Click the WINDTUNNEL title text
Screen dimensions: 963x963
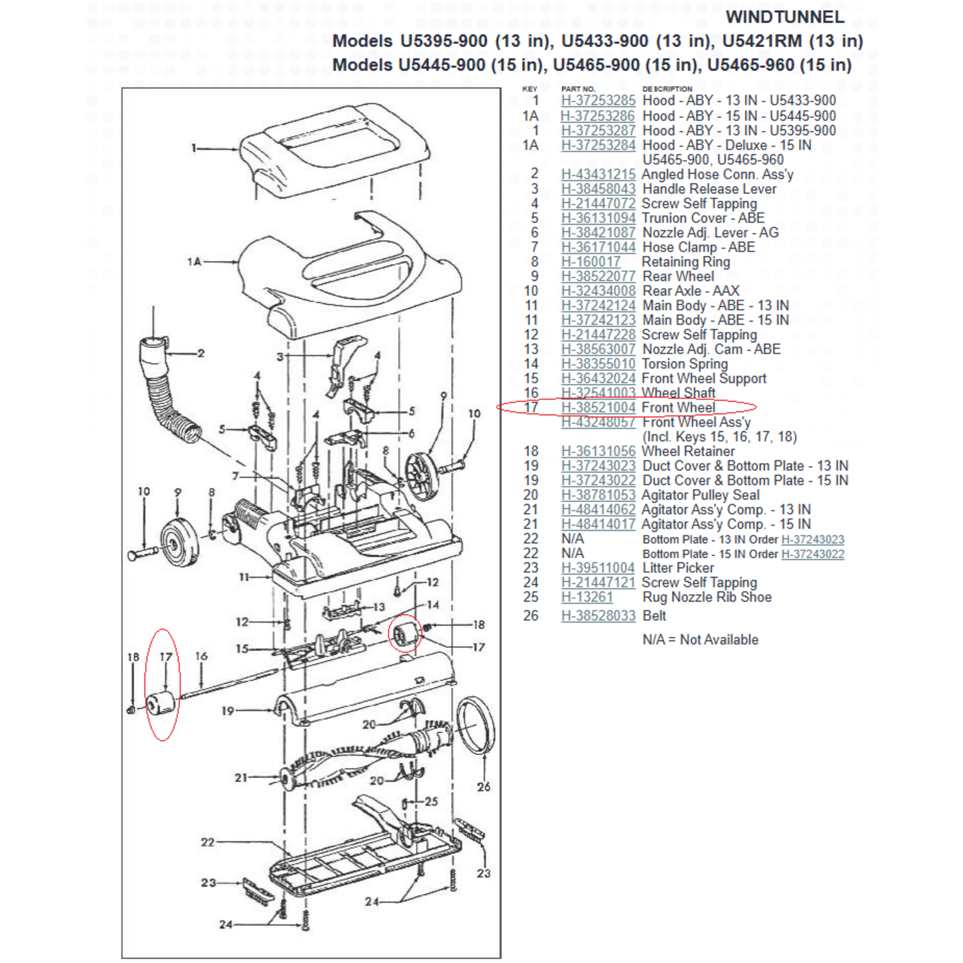(785, 17)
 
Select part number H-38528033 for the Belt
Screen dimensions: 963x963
(598, 616)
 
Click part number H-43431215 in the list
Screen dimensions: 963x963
(598, 174)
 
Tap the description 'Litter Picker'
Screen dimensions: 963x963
(678, 568)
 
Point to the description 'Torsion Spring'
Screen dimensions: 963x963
(685, 364)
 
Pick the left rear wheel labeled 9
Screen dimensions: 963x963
(180, 542)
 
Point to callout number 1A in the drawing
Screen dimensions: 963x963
(194, 262)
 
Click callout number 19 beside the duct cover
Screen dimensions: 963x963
(227, 711)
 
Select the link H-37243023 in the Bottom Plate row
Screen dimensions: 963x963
(812, 539)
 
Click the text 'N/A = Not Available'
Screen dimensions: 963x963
(700, 639)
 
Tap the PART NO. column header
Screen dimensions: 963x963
(578, 89)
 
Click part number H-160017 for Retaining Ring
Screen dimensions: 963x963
(591, 262)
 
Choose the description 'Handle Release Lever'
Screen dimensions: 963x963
(709, 189)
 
